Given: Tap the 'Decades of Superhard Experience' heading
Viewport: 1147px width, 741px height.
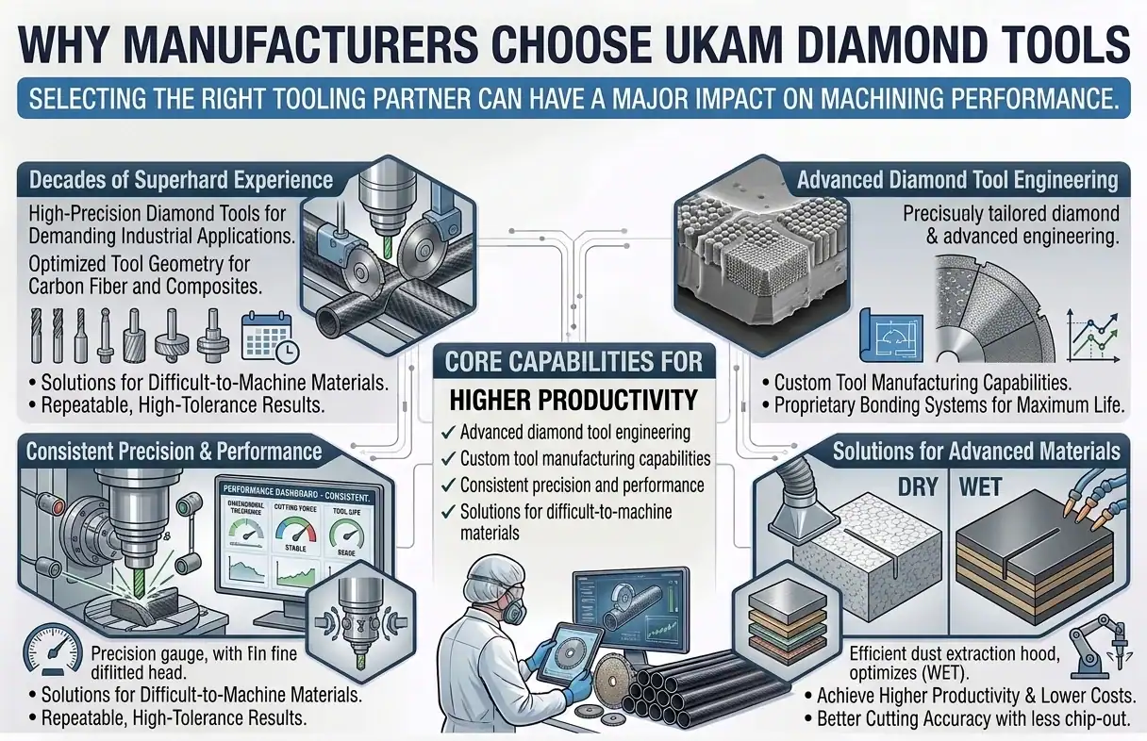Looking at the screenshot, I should point(181,179).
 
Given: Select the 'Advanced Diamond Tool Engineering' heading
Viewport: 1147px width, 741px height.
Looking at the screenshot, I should point(957,179).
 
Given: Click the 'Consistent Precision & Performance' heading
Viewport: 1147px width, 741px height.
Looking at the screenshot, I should point(174,451).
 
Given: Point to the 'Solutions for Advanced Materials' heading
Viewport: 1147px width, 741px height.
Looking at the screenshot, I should point(976,451).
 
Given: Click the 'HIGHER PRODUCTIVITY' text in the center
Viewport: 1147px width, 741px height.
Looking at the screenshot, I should point(573,400).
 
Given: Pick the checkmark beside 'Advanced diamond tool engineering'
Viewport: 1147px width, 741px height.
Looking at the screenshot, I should point(448,433).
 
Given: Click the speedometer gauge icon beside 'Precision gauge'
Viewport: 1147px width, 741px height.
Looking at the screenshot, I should point(44,650).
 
